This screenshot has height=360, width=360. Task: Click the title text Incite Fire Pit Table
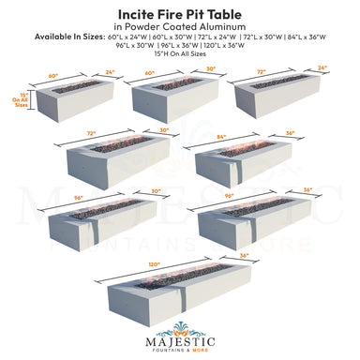pyautogui.click(x=179, y=13)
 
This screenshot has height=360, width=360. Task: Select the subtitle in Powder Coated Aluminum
pyautogui.click(x=179, y=26)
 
